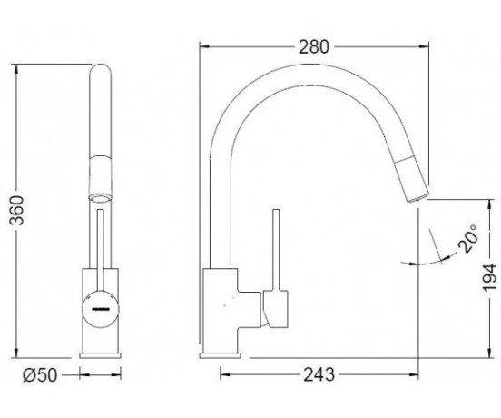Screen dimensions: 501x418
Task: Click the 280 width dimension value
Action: tap(313, 47)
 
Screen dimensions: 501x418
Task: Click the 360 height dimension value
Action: tap(16, 210)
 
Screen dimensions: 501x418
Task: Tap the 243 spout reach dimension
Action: tap(319, 374)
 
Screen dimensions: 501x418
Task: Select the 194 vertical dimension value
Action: tap(490, 277)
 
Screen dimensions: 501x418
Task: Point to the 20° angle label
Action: tap(468, 239)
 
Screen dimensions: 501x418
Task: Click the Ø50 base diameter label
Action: tap(40, 375)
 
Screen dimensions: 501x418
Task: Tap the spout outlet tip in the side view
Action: tap(417, 198)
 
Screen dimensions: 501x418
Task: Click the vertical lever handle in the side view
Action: tap(276, 250)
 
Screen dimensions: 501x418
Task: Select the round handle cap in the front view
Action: tap(101, 309)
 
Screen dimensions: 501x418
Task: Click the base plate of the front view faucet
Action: tap(100, 355)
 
